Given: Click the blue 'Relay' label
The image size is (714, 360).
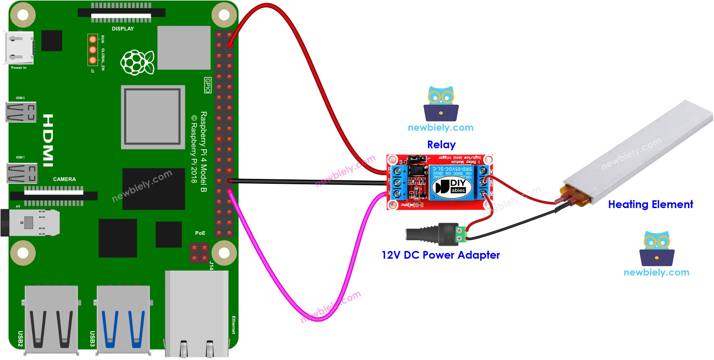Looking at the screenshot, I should tap(441, 145).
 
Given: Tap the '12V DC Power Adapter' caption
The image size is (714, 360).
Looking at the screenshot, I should tap(441, 255).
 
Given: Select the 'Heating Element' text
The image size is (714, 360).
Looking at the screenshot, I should tap(650, 204).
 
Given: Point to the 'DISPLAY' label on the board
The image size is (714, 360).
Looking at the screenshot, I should tap(123, 29).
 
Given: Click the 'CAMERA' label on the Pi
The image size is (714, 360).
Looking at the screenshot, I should tap(64, 179).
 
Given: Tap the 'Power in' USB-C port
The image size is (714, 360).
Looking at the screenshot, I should tap(19, 48).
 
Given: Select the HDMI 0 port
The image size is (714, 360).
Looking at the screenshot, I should tap(21, 112).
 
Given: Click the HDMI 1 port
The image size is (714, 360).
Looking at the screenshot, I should tap(22, 173).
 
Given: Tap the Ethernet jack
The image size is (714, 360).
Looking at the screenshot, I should tap(197, 313).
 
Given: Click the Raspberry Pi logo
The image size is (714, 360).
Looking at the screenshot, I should tap(137, 62).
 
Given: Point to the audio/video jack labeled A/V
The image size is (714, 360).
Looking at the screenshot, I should tap(30, 223).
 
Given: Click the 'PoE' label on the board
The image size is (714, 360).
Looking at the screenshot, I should tap(200, 233).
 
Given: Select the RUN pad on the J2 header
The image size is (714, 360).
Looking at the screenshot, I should tap(92, 39).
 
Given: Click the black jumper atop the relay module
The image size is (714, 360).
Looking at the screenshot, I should tap(417, 158).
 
